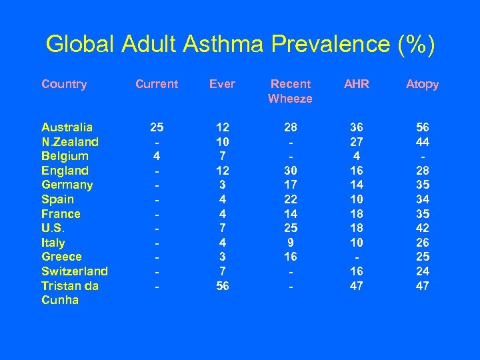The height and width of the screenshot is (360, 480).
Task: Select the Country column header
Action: (x=64, y=84)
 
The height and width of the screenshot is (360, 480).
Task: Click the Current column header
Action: (x=157, y=84)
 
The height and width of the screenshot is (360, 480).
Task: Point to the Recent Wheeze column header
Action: (x=290, y=91)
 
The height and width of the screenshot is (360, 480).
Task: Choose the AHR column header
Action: (x=357, y=84)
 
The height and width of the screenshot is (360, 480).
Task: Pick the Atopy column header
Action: (x=423, y=84)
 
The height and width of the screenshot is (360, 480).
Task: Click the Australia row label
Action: (x=67, y=127)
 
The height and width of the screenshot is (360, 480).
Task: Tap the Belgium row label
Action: (x=65, y=156)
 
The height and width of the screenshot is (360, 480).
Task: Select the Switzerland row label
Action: (x=75, y=271)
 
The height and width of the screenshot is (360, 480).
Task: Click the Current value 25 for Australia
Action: (x=157, y=127)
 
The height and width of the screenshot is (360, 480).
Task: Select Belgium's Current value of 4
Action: (x=157, y=156)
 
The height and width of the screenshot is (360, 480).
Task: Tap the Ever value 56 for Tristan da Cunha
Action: (x=223, y=286)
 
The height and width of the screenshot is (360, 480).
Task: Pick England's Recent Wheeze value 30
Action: (x=290, y=171)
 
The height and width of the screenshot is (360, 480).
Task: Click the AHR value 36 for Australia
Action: (x=357, y=127)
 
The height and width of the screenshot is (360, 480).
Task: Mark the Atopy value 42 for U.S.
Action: (x=423, y=228)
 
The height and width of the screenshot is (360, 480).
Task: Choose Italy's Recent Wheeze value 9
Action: (x=290, y=243)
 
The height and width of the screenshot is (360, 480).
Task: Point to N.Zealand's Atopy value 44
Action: (x=423, y=142)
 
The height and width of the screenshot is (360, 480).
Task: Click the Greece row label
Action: (x=61, y=257)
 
